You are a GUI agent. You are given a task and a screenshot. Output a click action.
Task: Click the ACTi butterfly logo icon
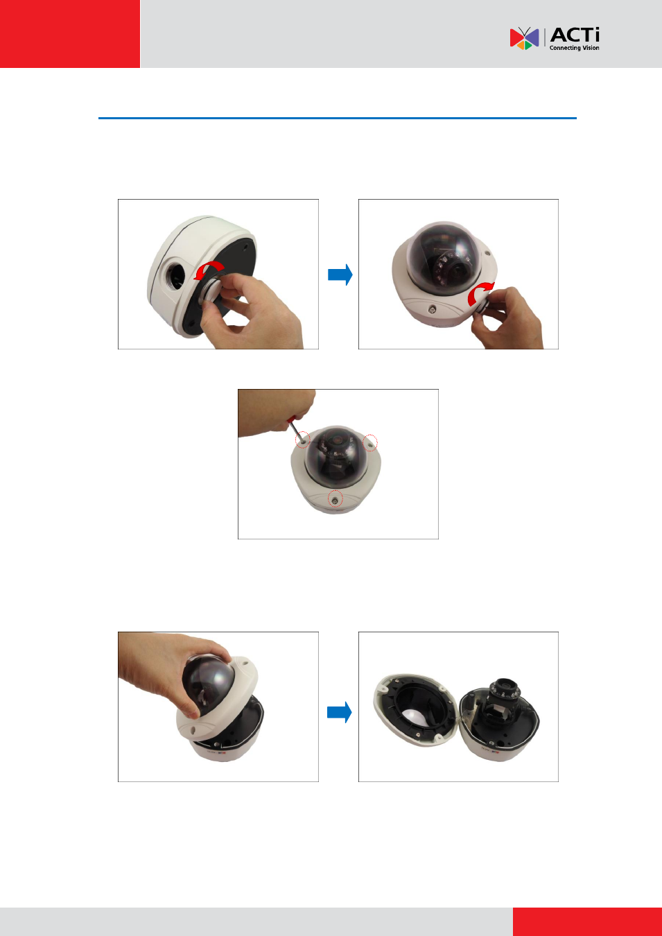pos(524,38)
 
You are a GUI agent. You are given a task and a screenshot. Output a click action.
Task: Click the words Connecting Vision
pos(574,48)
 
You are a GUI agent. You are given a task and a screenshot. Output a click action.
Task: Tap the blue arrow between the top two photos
pos(340,275)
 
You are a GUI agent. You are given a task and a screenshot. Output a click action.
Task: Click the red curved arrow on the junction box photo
pos(209,270)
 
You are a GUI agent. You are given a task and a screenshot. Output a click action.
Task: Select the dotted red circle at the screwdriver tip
pos(302,440)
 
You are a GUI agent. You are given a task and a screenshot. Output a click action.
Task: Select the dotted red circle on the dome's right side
pos(369,443)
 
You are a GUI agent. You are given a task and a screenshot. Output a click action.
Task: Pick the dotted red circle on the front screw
pos(335,499)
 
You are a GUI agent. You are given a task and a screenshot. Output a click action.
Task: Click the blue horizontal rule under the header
pos(338,119)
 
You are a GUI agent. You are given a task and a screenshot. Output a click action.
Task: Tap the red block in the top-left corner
pos(70,34)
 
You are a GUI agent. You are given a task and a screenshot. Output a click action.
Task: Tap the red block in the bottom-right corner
pos(587,921)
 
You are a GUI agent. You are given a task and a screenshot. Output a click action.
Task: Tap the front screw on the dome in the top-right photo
pos(431,310)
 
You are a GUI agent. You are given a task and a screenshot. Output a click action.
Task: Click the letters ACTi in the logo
pos(575,35)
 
